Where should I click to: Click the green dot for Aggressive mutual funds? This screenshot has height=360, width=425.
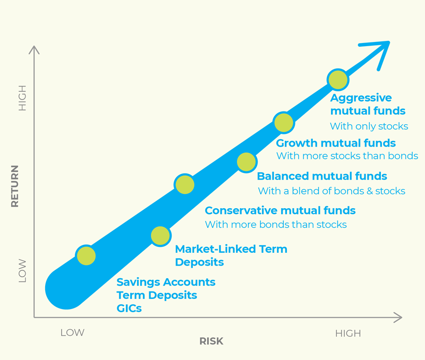click(338, 80)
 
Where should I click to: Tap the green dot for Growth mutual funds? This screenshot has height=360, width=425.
click(284, 123)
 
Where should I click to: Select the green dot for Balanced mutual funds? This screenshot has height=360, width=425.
click(246, 161)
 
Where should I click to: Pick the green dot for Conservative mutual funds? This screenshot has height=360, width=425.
click(184, 185)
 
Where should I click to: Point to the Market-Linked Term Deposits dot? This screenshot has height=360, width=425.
click(160, 236)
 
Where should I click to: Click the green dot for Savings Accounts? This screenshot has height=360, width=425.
click(86, 256)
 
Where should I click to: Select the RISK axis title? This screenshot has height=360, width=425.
click(211, 341)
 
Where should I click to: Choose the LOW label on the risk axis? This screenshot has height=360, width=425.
click(72, 333)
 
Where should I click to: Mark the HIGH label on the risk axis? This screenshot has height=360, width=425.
click(348, 333)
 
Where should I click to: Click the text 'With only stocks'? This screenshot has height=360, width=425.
click(369, 126)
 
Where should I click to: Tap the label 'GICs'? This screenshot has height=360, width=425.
click(129, 308)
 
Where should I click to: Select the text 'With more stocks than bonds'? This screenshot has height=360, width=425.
click(347, 156)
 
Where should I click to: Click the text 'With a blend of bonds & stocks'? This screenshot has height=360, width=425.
click(331, 191)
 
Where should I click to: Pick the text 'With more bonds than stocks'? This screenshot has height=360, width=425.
click(275, 225)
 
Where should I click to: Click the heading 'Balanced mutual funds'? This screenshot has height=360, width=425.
click(322, 176)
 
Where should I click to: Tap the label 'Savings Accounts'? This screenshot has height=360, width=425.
click(166, 282)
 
